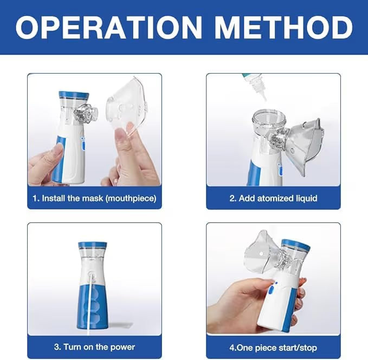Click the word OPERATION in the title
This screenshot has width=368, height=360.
(109, 27)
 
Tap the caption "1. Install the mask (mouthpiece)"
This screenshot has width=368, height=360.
(94, 198)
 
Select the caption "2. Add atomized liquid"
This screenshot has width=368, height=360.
(273, 198)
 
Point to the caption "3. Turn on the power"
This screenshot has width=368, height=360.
(94, 346)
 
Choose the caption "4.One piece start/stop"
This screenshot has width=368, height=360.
(273, 347)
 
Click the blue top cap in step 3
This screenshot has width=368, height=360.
(92, 245)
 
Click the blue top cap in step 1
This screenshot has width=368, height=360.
(73, 96)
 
